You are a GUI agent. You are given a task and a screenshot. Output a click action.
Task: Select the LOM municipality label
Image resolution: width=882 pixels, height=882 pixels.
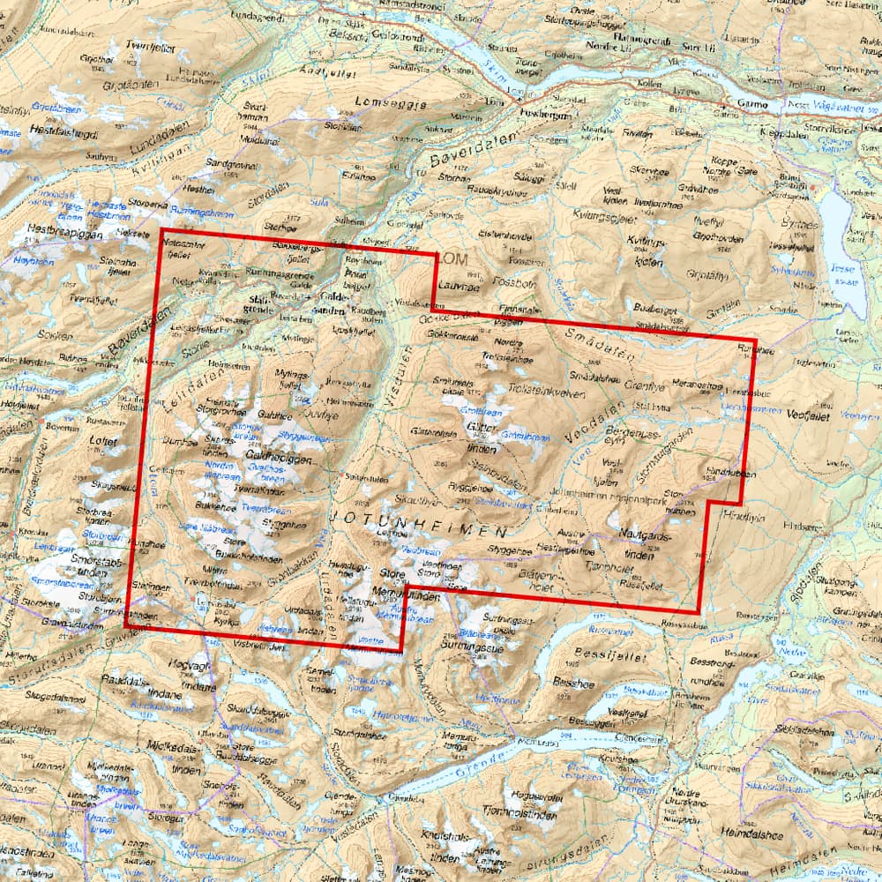point(452,258)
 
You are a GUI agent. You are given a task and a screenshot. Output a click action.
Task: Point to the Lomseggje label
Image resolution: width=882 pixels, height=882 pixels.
point(389,103)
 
